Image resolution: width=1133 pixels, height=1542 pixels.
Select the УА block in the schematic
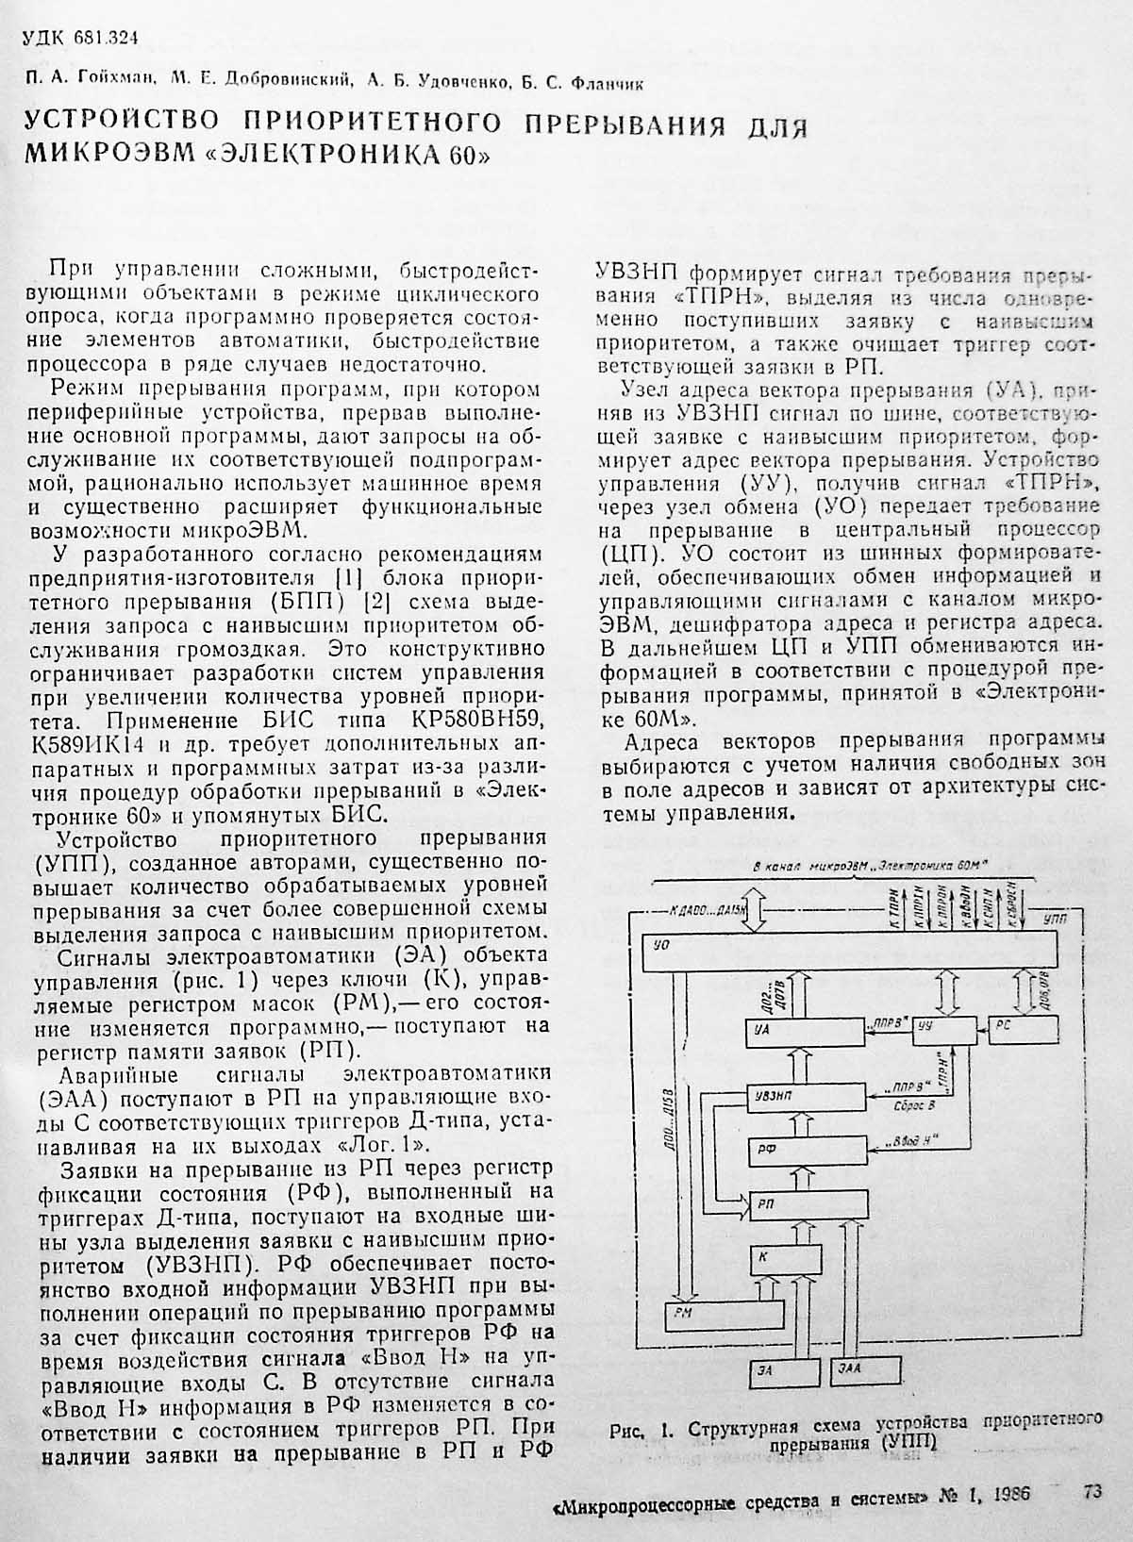pos(802,1029)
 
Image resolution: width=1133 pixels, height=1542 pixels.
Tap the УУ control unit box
pos(946,1030)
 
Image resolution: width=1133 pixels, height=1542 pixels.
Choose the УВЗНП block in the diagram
pos(807,1096)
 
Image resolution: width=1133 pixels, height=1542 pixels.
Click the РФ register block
pos(807,1150)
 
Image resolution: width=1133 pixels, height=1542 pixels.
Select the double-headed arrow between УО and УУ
pos(947,992)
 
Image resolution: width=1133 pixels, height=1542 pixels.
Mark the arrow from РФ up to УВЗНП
pos(807,1123)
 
